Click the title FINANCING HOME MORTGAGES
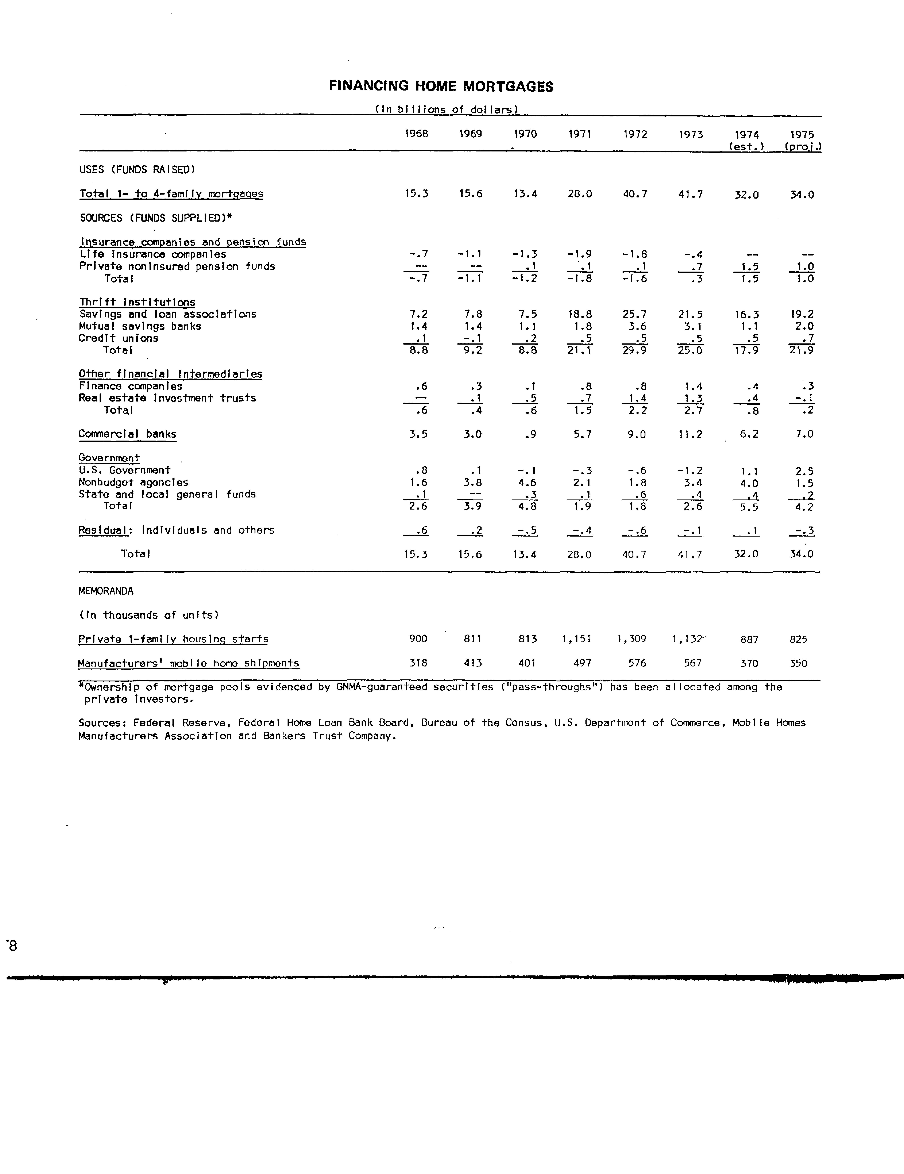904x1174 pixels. tap(441, 87)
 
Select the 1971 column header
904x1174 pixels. tap(580, 134)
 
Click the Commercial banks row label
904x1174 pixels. tap(127, 434)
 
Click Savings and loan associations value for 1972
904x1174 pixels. tap(635, 314)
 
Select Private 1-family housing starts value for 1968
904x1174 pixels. tap(418, 639)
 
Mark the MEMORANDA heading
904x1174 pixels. tap(106, 591)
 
